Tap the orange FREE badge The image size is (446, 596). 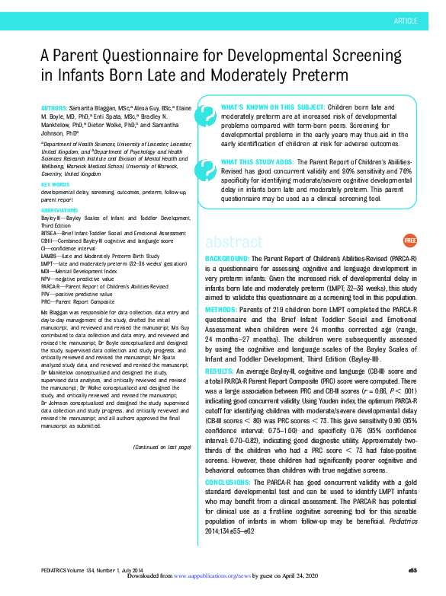point(409,241)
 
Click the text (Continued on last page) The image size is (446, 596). point(162,447)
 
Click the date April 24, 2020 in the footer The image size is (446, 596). point(301,577)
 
